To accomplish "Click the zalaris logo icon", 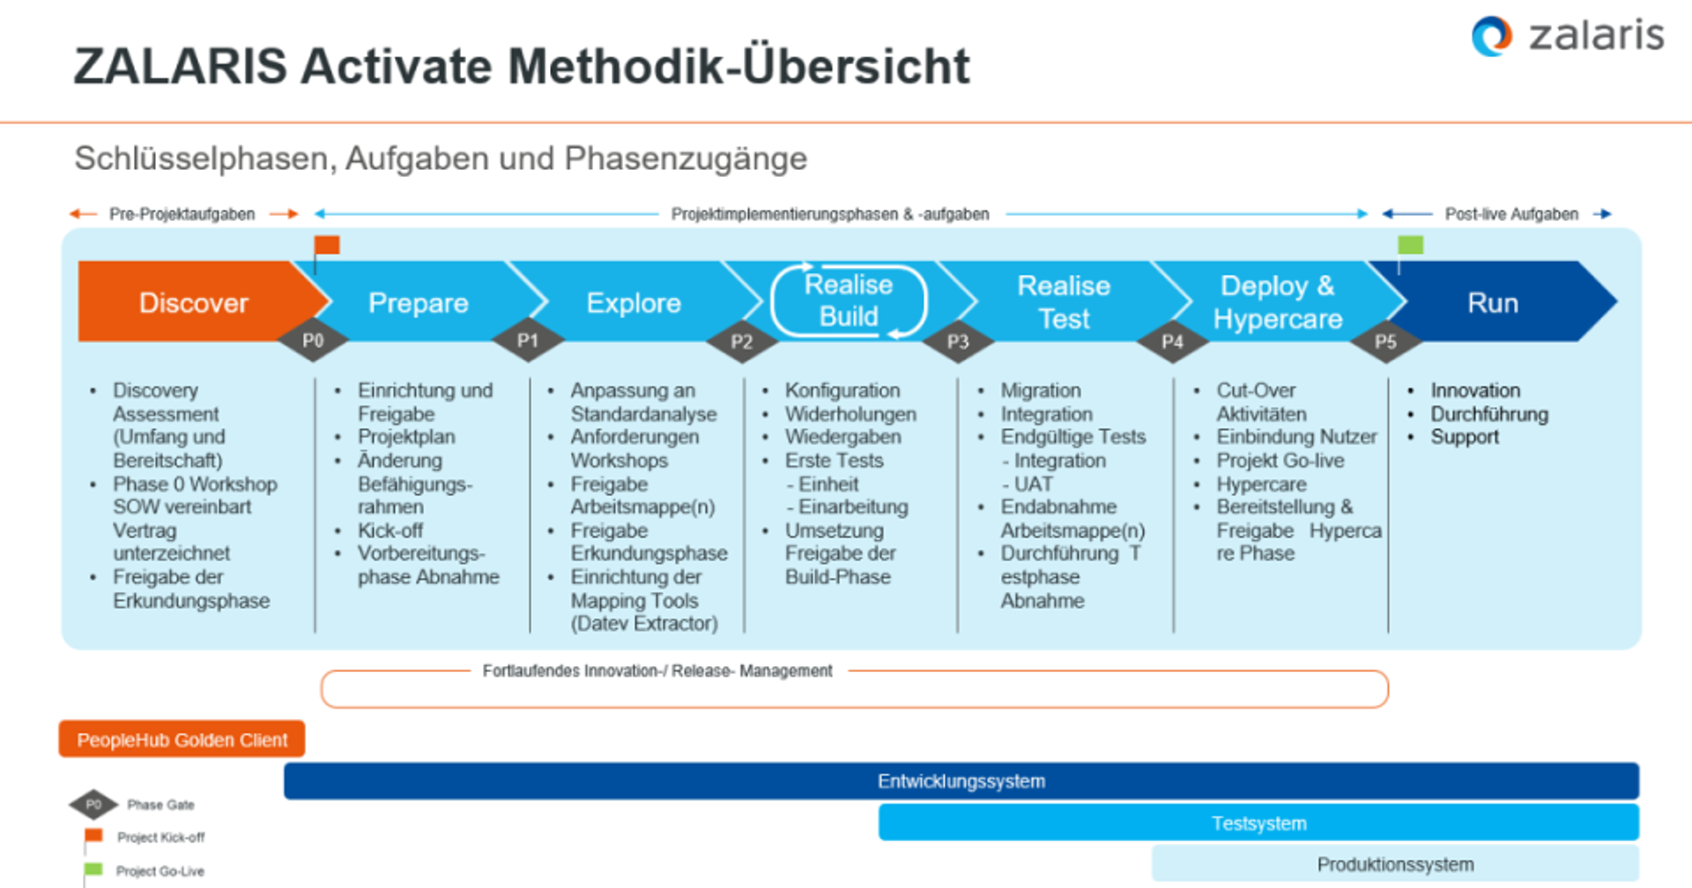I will (x=1491, y=36).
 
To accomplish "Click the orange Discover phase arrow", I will (x=193, y=302).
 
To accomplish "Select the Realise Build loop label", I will (x=849, y=300).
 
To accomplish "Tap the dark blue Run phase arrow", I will (x=1493, y=302).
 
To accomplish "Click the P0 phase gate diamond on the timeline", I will (x=313, y=340).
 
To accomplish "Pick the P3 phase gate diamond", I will (x=957, y=341).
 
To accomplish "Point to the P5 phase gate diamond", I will (x=1385, y=341).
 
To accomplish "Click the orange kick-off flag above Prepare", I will (x=327, y=245).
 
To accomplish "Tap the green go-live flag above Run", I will (x=1410, y=245).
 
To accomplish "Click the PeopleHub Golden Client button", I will (x=182, y=739).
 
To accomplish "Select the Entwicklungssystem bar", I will (x=961, y=781).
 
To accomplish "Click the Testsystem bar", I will (x=1258, y=823).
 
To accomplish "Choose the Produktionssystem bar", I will (x=1394, y=863).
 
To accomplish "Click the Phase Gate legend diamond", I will (x=93, y=804).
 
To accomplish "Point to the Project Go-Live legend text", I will (x=160, y=870).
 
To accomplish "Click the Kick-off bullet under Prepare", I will (x=390, y=530).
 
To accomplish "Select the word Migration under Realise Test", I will (x=1040, y=390).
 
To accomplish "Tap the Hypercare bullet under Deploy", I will (x=1261, y=484).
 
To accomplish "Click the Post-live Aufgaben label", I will (x=1510, y=214).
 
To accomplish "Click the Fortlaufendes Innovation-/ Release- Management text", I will (x=657, y=670).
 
